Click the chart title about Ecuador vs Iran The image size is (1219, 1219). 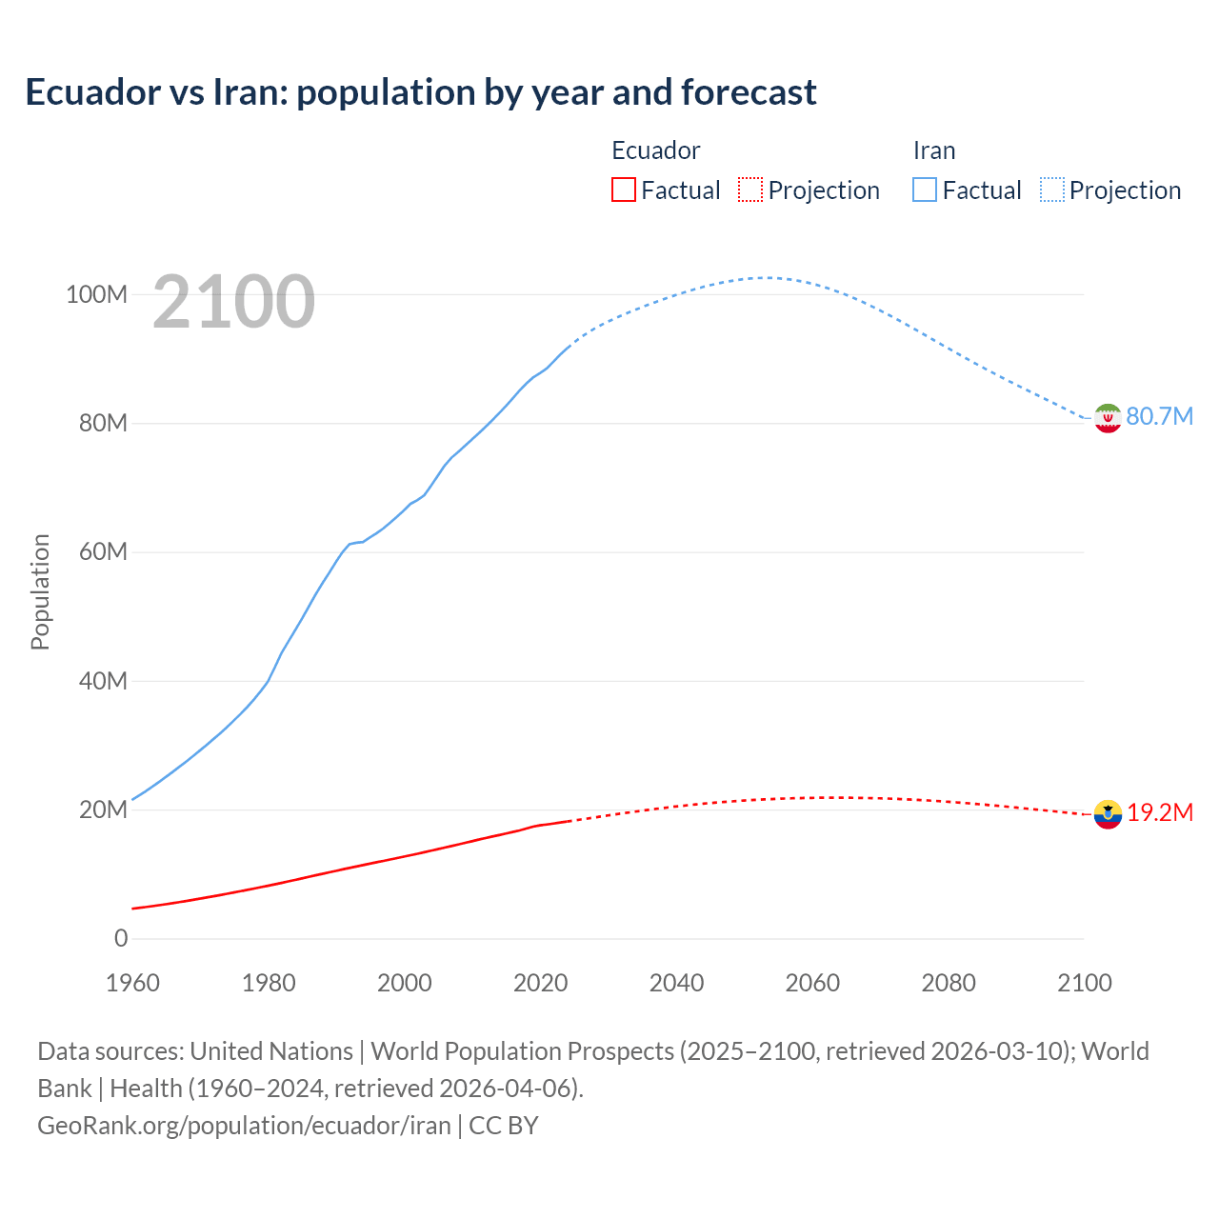pos(420,92)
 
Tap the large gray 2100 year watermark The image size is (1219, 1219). pos(233,302)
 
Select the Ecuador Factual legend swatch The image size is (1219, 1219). pos(623,190)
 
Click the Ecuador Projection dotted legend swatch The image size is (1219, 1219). pos(750,190)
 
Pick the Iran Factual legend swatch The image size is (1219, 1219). pos(924,190)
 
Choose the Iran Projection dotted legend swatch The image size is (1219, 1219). pos(1051,190)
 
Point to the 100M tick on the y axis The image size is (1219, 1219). pos(96,294)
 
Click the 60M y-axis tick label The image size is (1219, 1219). pos(102,552)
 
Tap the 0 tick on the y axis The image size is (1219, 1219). pos(121,939)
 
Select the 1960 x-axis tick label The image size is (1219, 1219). pos(132,983)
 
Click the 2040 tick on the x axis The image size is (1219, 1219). pos(676,983)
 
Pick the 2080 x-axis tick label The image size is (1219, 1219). pos(949,983)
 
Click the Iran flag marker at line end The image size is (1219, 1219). pos(1108,418)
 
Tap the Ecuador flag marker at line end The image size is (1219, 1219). pos(1108,814)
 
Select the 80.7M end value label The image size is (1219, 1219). pos(1159,417)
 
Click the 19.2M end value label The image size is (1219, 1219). pos(1160,813)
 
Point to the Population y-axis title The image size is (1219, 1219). pos(40,591)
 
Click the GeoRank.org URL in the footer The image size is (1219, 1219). pos(244,1126)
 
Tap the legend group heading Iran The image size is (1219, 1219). pos(933,150)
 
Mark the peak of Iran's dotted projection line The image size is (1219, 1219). pos(766,277)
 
